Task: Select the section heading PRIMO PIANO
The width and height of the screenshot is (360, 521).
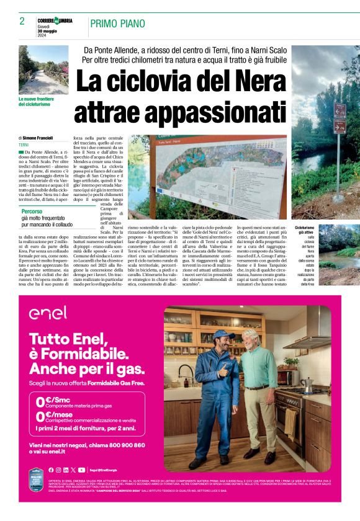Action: pyautogui.click(x=117, y=24)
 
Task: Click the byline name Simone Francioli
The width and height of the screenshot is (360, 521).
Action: pyautogui.click(x=38, y=138)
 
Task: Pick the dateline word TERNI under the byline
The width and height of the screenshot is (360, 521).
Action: pyautogui.click(x=24, y=145)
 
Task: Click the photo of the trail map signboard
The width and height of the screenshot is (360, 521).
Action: pyautogui.click(x=207, y=169)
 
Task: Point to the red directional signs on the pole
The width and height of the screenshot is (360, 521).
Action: pyautogui.click(x=340, y=118)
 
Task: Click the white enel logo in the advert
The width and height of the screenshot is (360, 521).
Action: pyautogui.click(x=48, y=314)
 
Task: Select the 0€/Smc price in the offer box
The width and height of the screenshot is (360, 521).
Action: pyautogui.click(x=52, y=401)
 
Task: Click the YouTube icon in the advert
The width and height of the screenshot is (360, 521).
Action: pyautogui.click(x=82, y=470)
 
